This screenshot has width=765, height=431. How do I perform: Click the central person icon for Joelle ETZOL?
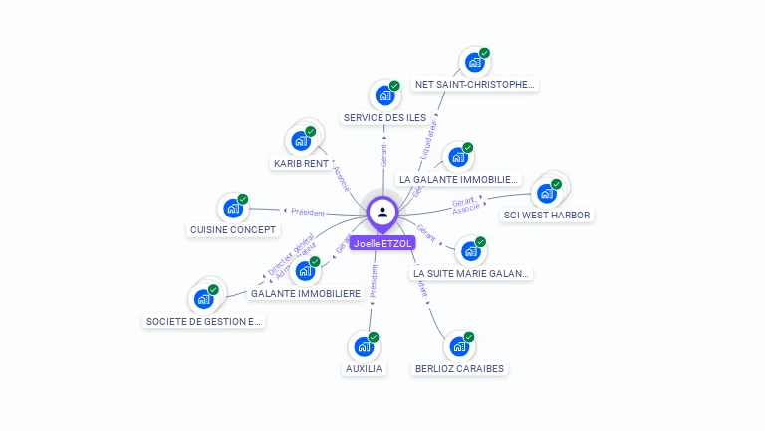click(x=382, y=213)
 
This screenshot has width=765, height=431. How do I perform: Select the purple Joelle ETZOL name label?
click(x=382, y=242)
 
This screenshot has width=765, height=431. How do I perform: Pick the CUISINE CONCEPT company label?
click(x=232, y=230)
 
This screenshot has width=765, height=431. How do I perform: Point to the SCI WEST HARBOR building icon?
click(x=546, y=194)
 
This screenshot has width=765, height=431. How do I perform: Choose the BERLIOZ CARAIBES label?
click(x=459, y=369)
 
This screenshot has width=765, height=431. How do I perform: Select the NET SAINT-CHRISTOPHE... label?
click(x=475, y=85)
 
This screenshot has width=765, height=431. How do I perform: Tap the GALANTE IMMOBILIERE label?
click(x=306, y=294)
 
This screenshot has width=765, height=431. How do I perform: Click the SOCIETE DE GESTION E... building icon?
click(x=203, y=298)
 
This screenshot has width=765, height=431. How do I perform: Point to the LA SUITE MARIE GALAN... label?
click(x=471, y=273)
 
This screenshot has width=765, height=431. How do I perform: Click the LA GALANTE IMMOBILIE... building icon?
click(x=457, y=157)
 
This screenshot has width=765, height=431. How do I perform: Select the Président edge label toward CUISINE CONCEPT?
click(x=308, y=212)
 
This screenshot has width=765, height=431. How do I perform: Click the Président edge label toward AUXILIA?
click(x=374, y=282)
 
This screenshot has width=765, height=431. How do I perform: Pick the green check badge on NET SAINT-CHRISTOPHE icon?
click(x=484, y=53)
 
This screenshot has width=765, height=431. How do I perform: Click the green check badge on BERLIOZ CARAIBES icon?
click(x=469, y=337)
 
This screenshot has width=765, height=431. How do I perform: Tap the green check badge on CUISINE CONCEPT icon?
click(x=242, y=199)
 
